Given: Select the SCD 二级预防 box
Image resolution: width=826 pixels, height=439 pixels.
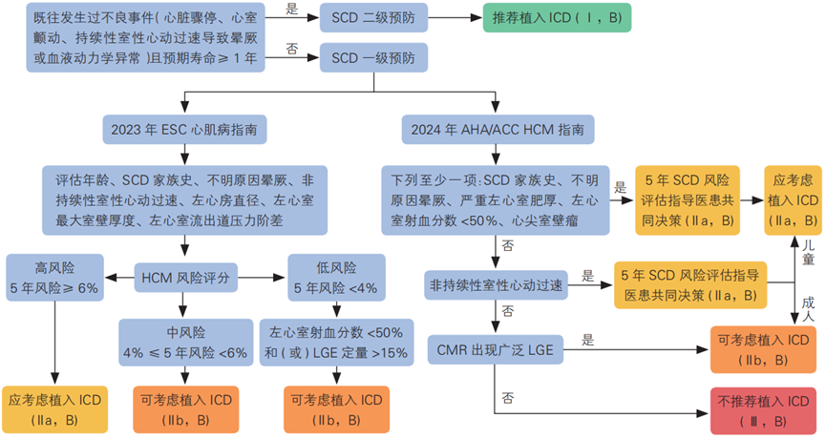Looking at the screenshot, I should point(365,18).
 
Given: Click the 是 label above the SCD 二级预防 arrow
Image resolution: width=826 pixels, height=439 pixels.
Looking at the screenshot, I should point(291,9).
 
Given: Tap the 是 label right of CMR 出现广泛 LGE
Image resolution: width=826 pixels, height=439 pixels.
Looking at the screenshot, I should point(588,339).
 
